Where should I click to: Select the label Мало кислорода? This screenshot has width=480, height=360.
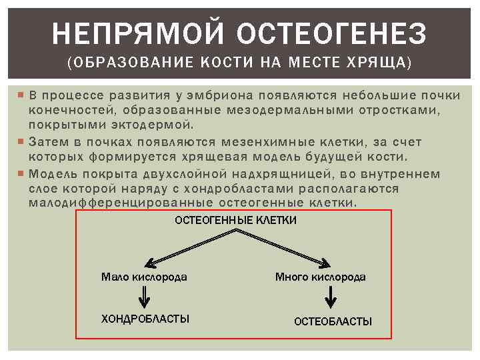144,277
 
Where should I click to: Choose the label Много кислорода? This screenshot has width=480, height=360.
320,277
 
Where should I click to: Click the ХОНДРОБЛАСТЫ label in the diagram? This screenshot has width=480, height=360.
145,319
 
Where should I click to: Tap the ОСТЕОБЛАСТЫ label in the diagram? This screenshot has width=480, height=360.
333,321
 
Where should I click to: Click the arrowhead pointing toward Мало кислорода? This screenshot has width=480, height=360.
153,262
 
